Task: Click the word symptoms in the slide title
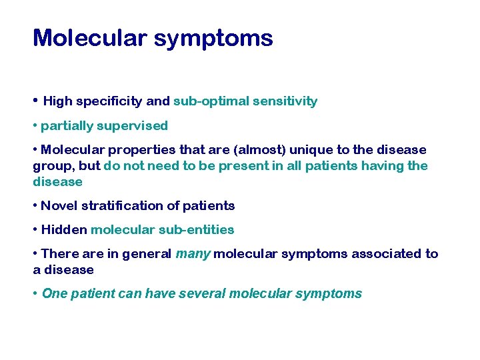pyautogui.click(x=213, y=38)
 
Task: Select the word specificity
pyautogui.click(x=109, y=102)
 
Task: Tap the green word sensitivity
pyautogui.click(x=284, y=102)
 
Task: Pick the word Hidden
pyautogui.click(x=64, y=230)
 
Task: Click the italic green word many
pyautogui.click(x=192, y=254)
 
